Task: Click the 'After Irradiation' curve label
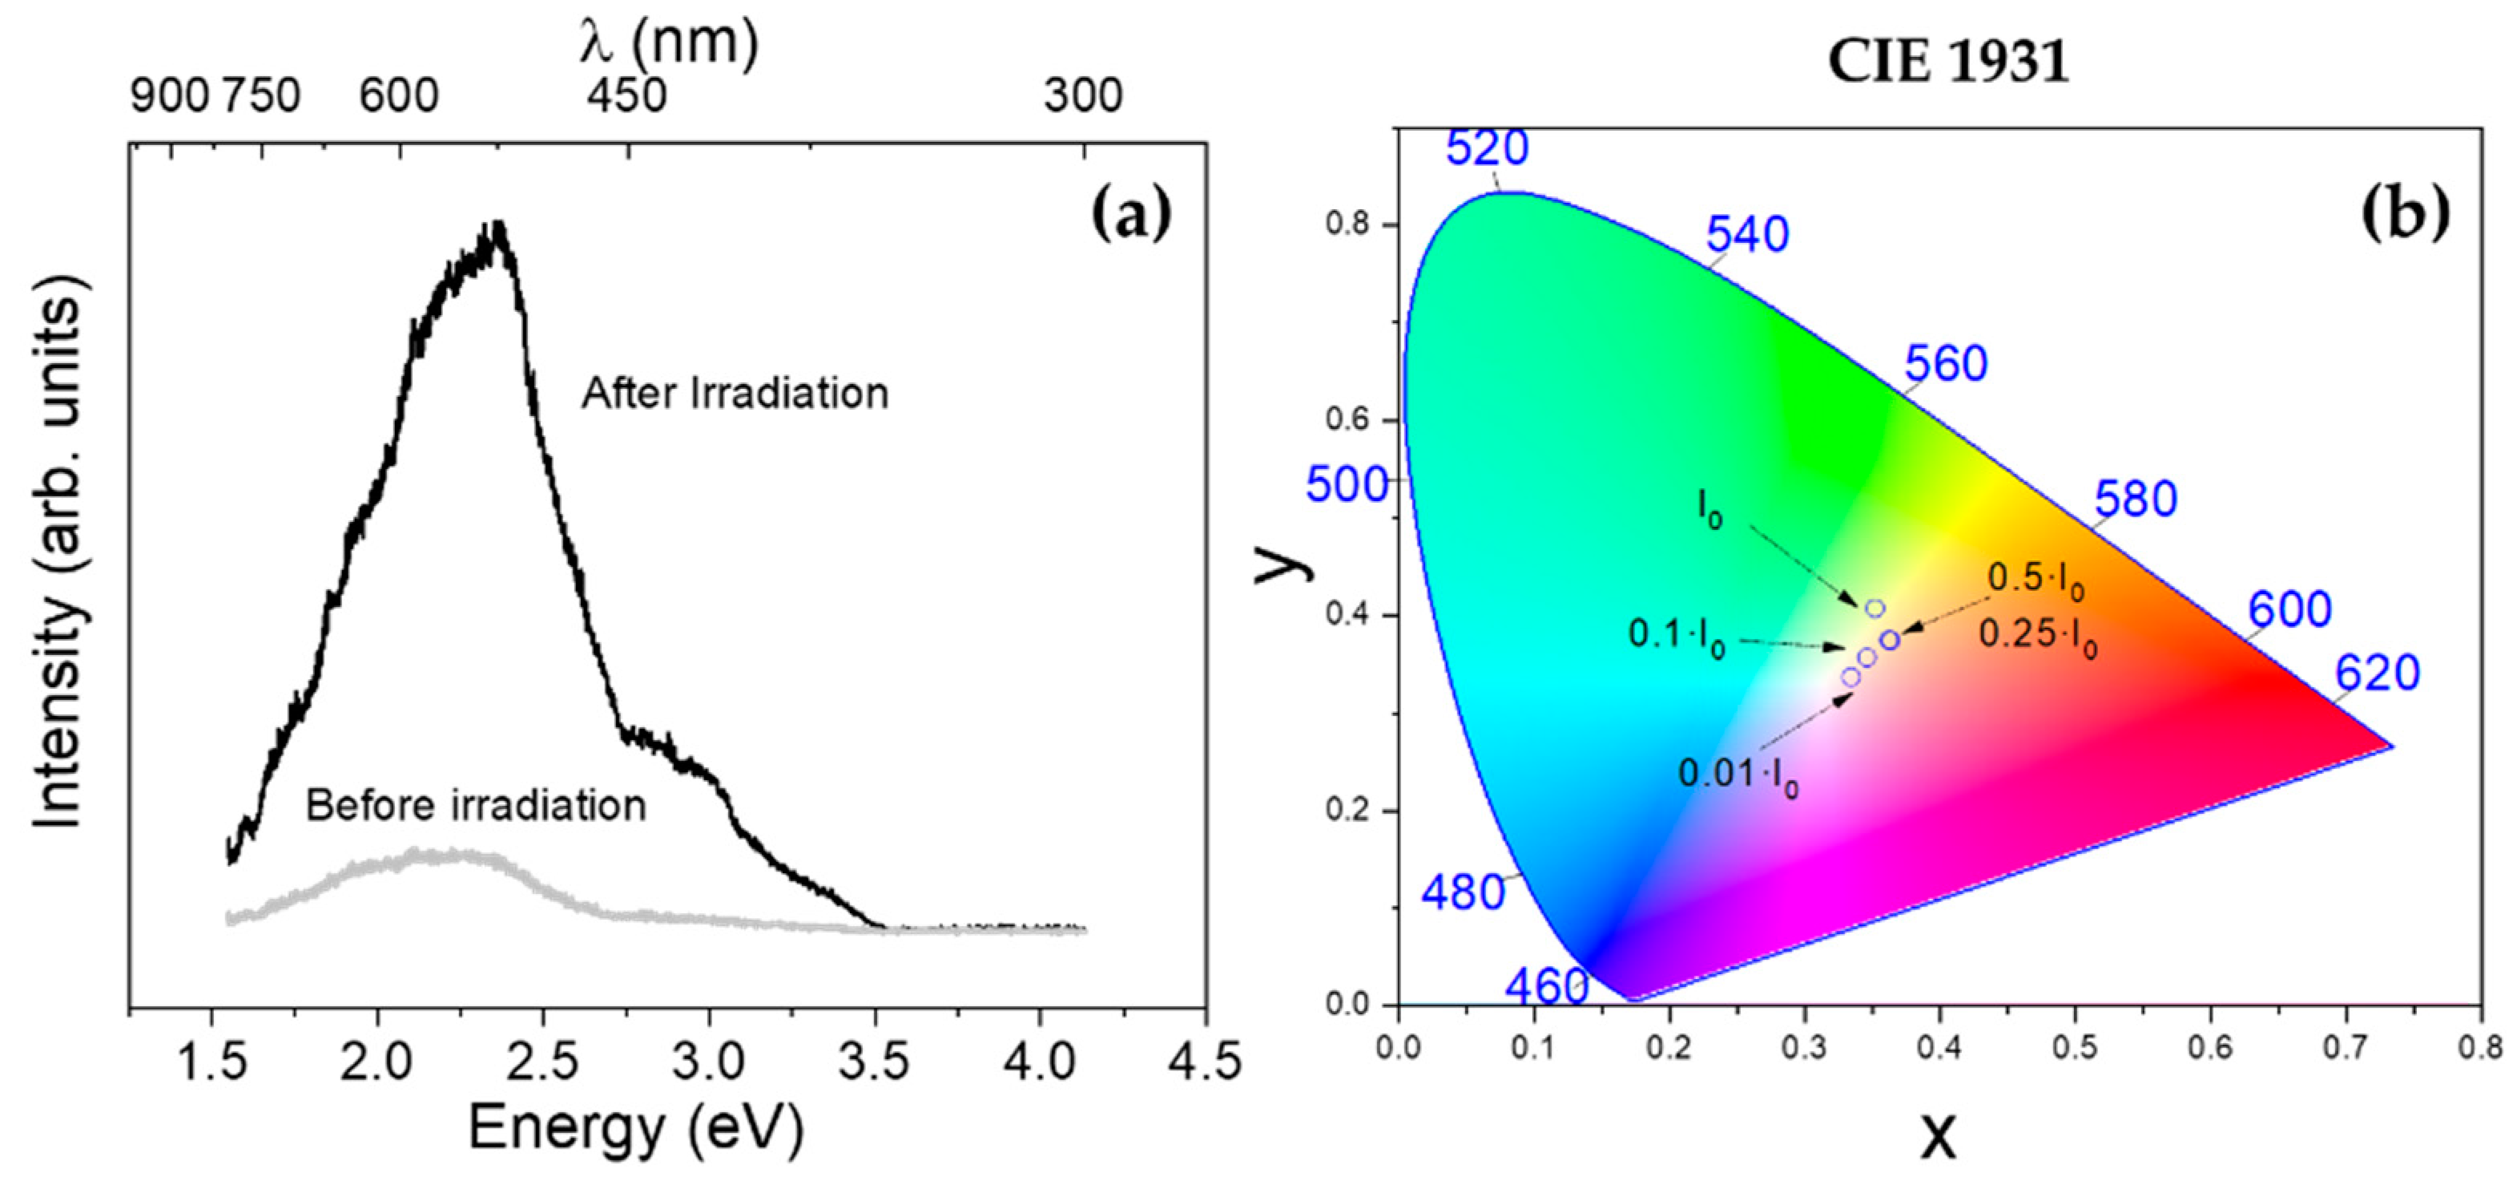click(x=735, y=393)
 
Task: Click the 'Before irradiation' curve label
click(x=476, y=806)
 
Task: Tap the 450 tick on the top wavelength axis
click(x=626, y=95)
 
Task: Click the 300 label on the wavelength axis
click(x=1082, y=95)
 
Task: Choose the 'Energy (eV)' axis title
click(x=636, y=1128)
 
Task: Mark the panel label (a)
click(x=1130, y=216)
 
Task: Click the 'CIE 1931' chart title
click(x=1948, y=63)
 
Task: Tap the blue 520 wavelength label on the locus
click(x=1487, y=148)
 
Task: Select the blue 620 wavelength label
click(x=2378, y=673)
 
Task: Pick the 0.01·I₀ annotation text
click(x=1738, y=775)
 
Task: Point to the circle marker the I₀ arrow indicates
click(x=1874, y=608)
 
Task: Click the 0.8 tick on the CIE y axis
click(x=1352, y=224)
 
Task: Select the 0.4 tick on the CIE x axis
click(x=1939, y=1047)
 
